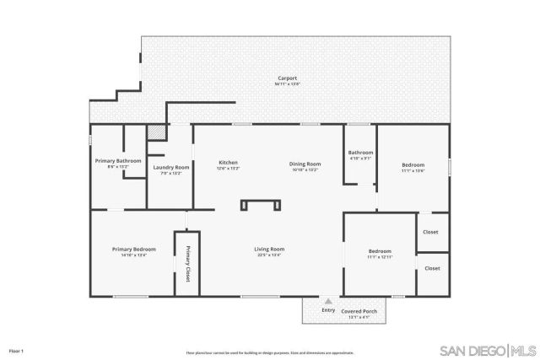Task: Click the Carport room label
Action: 287,79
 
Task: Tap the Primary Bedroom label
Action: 134,250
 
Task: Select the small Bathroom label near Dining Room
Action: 360,155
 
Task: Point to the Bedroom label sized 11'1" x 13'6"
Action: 413,166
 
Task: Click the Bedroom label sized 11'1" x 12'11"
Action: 380,253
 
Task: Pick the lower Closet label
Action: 432,268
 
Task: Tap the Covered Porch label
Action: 359,312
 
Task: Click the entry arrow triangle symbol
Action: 328,301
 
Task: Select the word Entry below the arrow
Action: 328,309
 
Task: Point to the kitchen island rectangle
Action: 260,205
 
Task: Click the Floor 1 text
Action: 16,350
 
